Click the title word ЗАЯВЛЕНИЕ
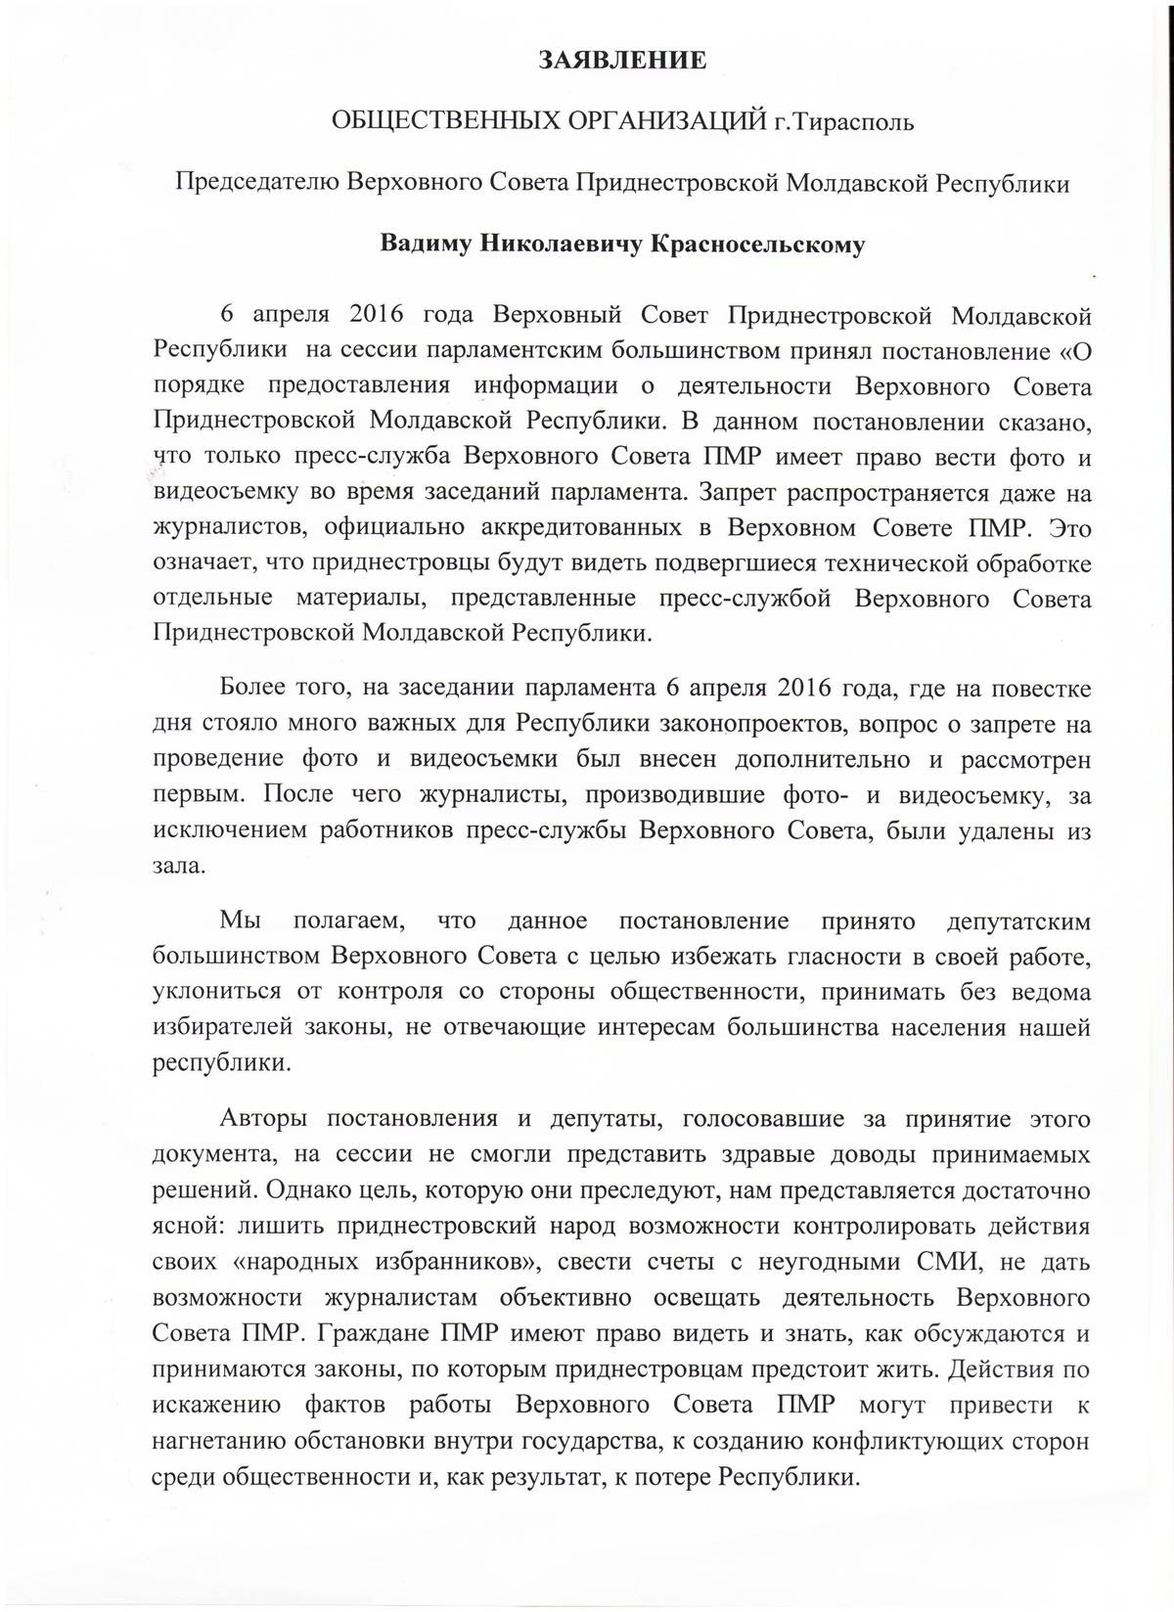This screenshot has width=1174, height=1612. click(622, 61)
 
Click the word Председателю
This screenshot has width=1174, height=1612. click(257, 183)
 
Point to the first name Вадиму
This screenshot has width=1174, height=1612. click(424, 244)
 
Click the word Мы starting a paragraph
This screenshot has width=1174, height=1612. click(238, 921)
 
